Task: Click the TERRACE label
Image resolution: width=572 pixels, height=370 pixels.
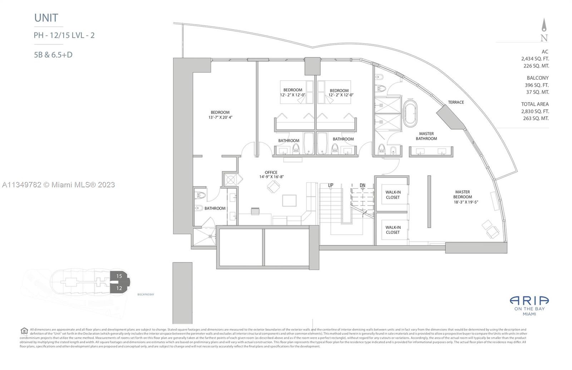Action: point(456,102)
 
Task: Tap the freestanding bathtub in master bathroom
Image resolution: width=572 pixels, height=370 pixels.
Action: point(410,114)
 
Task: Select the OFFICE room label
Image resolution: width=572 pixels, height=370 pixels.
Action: point(271,173)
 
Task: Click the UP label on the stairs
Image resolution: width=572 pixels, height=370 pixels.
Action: point(331,185)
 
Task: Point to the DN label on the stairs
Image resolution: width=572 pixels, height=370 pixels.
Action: point(363,185)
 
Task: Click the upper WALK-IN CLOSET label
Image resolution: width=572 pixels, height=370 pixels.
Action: point(393,195)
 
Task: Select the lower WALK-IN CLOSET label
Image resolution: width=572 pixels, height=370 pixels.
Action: point(393,230)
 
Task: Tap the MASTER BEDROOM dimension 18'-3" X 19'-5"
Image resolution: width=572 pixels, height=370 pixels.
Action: point(466,202)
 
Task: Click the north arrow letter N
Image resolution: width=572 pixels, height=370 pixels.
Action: point(544,38)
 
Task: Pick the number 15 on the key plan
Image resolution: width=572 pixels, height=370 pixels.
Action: point(119,276)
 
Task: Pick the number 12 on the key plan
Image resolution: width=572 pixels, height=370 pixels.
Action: point(119,288)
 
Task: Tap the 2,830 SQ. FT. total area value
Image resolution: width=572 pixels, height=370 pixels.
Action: point(535,111)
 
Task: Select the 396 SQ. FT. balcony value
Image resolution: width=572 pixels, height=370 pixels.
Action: point(535,85)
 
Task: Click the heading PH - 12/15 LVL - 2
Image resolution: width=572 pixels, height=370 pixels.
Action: point(64,35)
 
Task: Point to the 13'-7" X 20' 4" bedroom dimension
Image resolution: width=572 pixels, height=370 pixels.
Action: point(220,117)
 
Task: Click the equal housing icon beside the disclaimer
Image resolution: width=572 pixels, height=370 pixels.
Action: point(24,331)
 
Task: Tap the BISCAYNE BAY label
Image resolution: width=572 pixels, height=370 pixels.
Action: point(146,295)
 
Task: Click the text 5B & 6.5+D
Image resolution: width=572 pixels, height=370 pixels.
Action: point(53,55)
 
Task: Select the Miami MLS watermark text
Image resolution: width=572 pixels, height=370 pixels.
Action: point(59,185)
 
